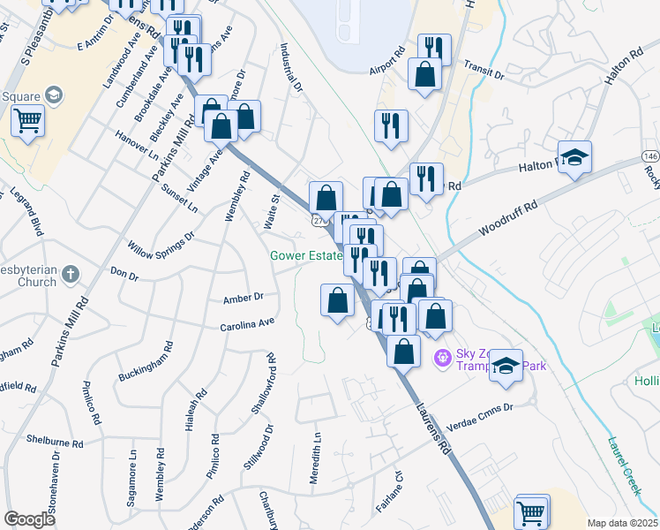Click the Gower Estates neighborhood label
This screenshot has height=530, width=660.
(305, 255)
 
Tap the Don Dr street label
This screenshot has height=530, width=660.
(124, 276)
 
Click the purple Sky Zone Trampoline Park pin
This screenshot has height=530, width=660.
(443, 358)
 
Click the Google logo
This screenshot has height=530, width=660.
(29, 519)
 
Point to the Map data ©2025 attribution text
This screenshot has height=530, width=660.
(622, 523)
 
